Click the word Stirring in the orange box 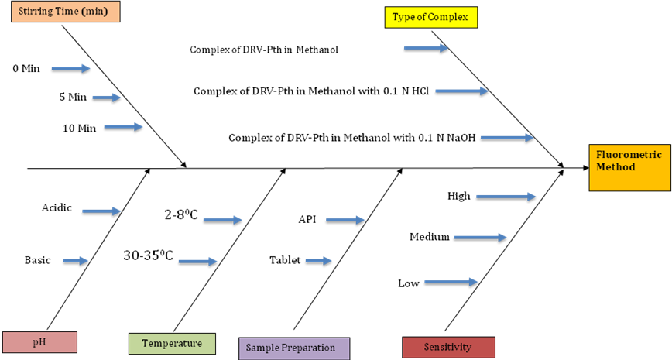[35, 12]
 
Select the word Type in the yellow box [403, 17]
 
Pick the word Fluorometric [629, 155]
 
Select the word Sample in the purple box [262, 348]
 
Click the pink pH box [39, 342]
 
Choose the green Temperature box [172, 343]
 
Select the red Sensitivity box [448, 347]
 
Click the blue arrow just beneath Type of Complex [426, 48]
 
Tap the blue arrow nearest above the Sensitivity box [451, 282]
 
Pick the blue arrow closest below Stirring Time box [70, 68]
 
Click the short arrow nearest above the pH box [76, 261]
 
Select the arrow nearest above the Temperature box [197, 262]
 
